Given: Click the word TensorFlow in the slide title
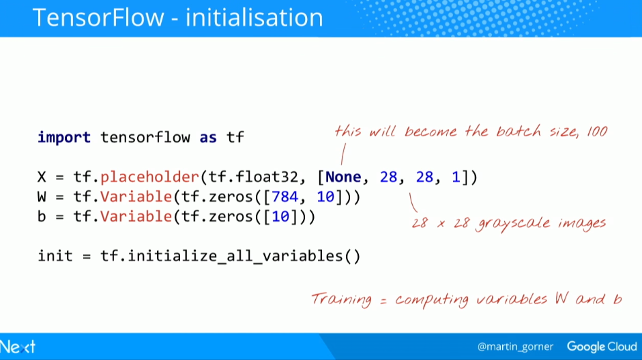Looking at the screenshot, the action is [x=98, y=18].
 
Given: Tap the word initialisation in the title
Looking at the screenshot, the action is [x=254, y=18].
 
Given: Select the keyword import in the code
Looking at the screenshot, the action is [x=64, y=138].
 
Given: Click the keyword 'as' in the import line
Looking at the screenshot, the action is [x=208, y=138].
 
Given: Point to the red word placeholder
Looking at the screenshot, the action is [x=149, y=177].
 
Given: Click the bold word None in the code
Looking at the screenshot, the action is [x=343, y=177].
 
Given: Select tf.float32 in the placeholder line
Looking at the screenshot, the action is [x=253, y=177].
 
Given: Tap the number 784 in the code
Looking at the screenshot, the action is [x=285, y=197].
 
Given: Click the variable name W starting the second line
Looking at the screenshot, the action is [x=42, y=197].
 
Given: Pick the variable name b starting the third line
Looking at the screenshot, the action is [x=42, y=216].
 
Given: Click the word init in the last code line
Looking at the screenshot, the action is [x=55, y=256].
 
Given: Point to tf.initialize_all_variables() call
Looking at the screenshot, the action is [x=231, y=256].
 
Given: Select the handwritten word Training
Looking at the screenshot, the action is [x=342, y=299].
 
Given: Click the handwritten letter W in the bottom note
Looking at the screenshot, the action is [x=561, y=298].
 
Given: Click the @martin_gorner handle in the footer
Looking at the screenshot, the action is [x=515, y=347].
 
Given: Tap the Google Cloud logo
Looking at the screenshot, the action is [x=602, y=346].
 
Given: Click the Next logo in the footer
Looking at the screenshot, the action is [x=18, y=347].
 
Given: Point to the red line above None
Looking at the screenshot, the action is [x=343, y=154].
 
